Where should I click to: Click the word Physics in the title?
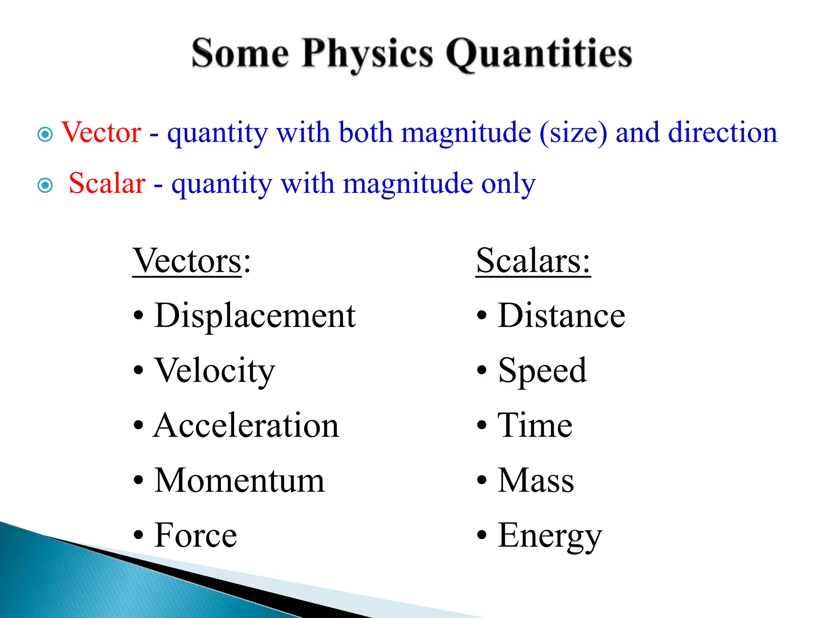pyautogui.click(x=367, y=54)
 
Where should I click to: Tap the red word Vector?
pyautogui.click(x=101, y=133)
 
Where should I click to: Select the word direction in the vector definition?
pyautogui.click(x=722, y=133)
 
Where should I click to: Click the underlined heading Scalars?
pyautogui.click(x=533, y=261)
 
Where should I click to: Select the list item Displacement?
pyautogui.click(x=255, y=316)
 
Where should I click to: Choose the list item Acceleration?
pyautogui.click(x=246, y=426)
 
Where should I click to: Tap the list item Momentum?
pyautogui.click(x=239, y=480)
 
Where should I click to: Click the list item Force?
pyautogui.click(x=196, y=536)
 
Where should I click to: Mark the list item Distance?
pyautogui.click(x=561, y=316)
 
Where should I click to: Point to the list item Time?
pyautogui.click(x=535, y=426)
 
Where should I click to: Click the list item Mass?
pyautogui.click(x=536, y=480)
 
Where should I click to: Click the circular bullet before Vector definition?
pyautogui.click(x=45, y=134)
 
